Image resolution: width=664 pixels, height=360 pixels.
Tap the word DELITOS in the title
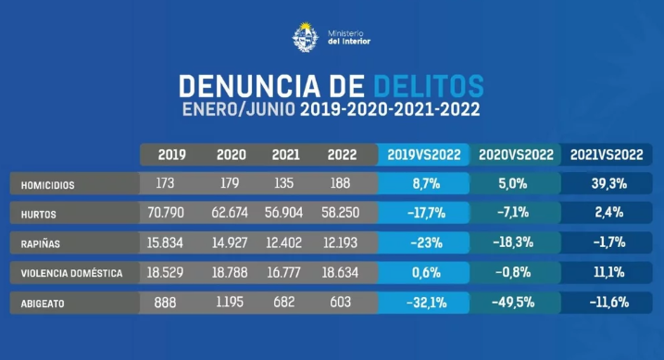click(429, 87)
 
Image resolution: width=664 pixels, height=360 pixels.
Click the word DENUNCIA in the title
click(242, 87)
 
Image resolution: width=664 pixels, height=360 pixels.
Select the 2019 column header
click(173, 155)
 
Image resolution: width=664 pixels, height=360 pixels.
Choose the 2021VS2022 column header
click(608, 155)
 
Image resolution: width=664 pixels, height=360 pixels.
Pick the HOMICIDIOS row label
click(48, 185)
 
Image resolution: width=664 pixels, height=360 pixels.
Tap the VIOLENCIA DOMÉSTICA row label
click(73, 274)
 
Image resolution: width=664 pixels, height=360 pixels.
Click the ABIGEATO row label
click(42, 304)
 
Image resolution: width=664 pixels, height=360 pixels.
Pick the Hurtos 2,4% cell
click(608, 214)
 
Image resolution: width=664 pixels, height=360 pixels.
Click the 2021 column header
click(287, 155)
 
